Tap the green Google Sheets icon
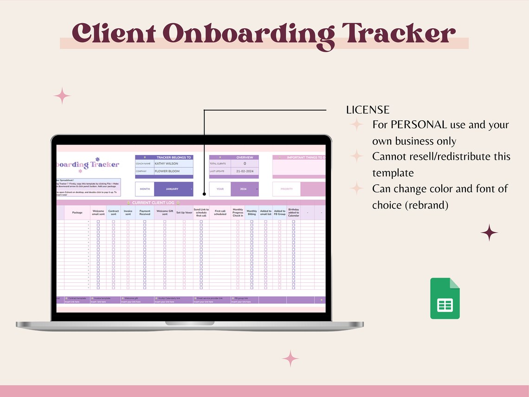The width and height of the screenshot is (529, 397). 445,298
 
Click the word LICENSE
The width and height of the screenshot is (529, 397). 368,110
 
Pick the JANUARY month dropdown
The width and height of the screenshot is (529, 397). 174,189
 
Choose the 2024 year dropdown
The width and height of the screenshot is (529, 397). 244,189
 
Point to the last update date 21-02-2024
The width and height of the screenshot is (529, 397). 245,171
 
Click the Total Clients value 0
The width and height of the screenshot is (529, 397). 245,163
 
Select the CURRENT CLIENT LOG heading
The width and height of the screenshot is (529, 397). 153,203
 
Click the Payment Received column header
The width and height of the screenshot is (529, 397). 145,213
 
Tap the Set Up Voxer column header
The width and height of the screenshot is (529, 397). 184,213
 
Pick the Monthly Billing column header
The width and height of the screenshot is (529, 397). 252,213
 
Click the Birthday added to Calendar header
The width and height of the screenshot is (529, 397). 293,213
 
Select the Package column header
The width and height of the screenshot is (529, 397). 77,213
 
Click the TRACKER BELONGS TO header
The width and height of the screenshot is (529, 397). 173,157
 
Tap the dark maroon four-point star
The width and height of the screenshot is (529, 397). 489,233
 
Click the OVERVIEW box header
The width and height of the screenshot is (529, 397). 245,157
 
